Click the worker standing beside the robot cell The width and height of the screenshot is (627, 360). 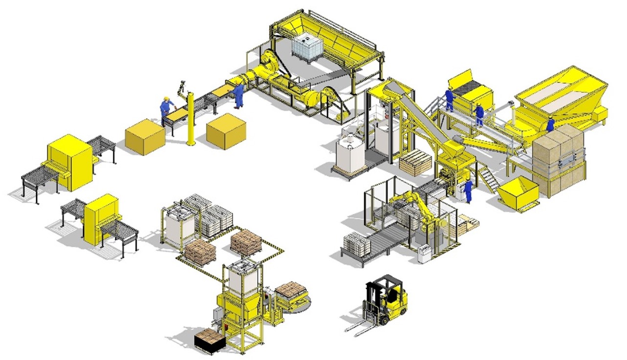tap(468, 190)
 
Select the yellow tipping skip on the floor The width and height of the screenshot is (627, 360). tap(519, 192)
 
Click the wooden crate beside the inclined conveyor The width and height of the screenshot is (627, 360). tap(415, 162)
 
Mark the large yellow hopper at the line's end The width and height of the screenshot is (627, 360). tap(562, 96)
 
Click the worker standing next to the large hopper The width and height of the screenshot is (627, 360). tap(550, 124)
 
